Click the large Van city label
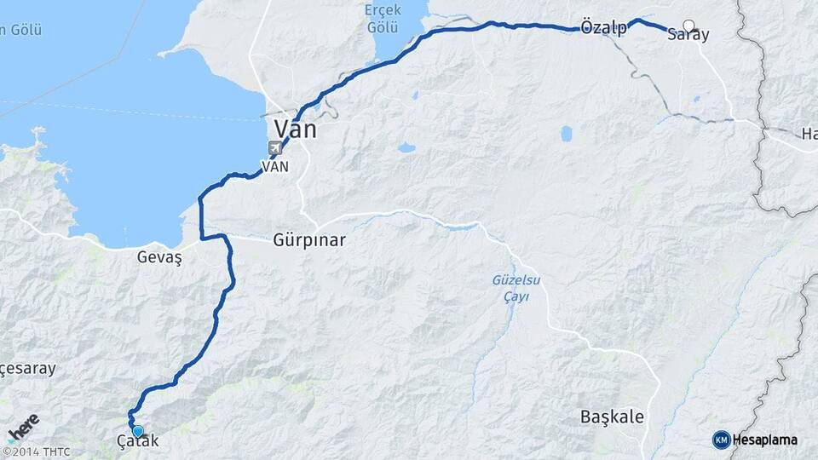click(295, 129)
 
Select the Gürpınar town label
click(309, 240)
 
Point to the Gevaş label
click(159, 256)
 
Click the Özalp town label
click(603, 27)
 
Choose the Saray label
click(688, 35)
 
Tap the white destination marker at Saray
click(688, 26)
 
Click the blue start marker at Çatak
click(137, 431)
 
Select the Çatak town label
click(137, 442)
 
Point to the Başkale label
click(612, 417)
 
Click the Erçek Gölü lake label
click(382, 19)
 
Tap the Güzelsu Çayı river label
click(511, 287)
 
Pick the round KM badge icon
click(721, 440)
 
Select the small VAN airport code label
click(275, 167)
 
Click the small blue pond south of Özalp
click(566, 133)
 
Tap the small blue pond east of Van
click(406, 147)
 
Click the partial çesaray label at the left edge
click(27, 369)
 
